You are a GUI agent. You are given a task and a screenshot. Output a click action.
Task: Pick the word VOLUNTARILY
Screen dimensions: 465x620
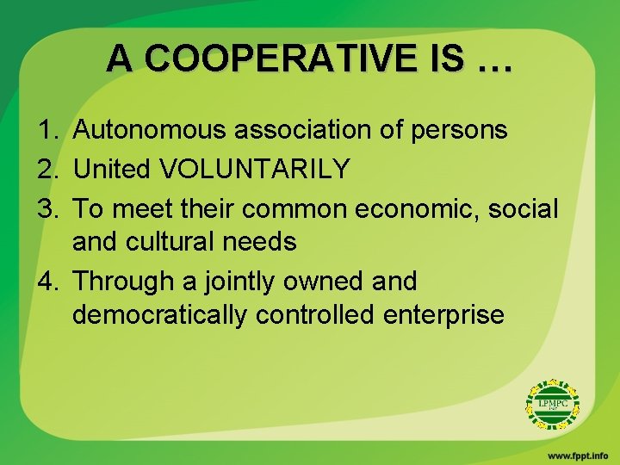257,169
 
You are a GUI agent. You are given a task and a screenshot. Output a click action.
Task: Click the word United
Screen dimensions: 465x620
112,169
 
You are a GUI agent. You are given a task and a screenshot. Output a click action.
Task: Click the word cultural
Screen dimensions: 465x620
176,242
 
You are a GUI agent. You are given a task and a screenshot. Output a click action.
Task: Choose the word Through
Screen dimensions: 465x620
127,281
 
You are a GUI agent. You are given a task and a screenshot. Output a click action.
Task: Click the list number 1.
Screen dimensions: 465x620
46,130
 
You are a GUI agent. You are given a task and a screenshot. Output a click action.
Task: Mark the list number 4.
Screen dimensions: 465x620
46,281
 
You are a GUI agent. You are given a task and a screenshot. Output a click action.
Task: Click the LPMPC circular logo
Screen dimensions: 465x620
553,403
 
